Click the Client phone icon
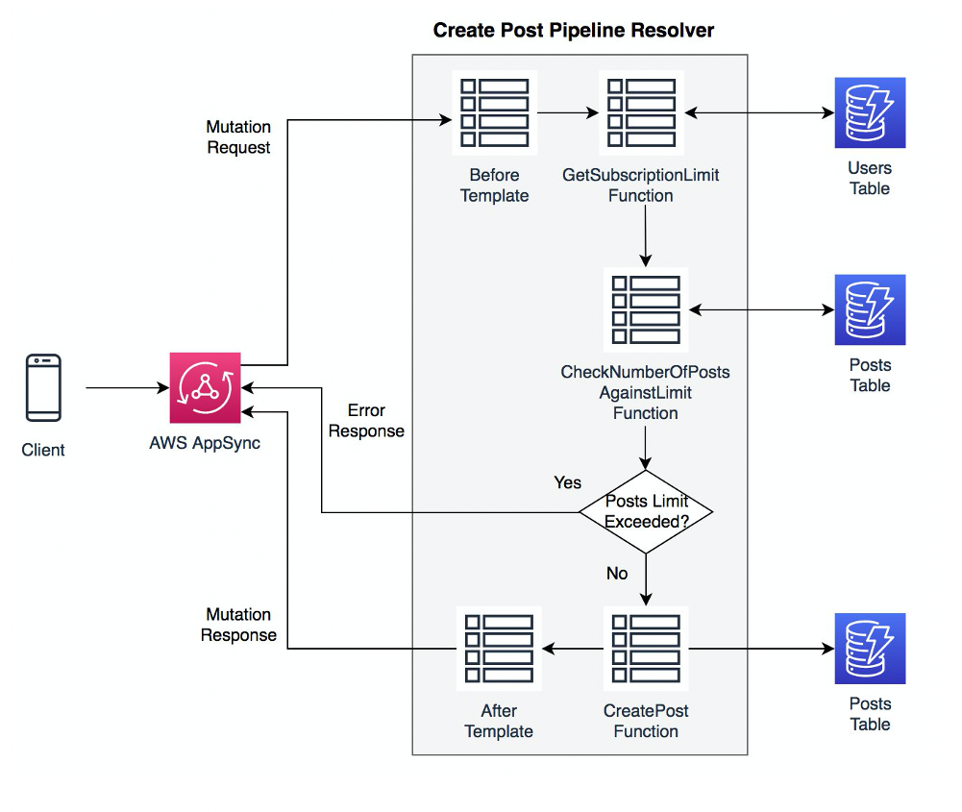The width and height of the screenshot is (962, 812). point(43,388)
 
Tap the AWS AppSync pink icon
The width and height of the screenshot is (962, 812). point(206,387)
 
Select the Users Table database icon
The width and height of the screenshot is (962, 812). point(870,112)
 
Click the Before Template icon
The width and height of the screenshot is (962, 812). point(495,112)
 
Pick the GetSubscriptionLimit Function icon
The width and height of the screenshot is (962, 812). point(641,112)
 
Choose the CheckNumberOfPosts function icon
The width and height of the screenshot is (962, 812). point(646,309)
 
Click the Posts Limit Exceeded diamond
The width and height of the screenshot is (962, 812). point(646,512)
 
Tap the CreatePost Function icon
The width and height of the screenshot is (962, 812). point(646,649)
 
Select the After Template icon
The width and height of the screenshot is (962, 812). point(499,649)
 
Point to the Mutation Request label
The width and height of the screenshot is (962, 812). point(238,137)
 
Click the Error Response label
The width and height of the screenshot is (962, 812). point(366,421)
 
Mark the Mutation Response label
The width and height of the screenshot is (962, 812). point(238,625)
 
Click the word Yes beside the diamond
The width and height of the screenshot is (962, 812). point(567,481)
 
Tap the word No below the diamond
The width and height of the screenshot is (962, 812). point(617,573)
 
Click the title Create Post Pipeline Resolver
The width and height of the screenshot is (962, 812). point(574,30)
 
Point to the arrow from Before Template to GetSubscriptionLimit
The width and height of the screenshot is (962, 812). point(568,112)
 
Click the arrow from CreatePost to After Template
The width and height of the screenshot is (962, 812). point(573,649)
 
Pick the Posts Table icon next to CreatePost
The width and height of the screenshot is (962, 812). point(870,649)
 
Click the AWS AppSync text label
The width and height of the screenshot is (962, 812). point(205,443)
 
